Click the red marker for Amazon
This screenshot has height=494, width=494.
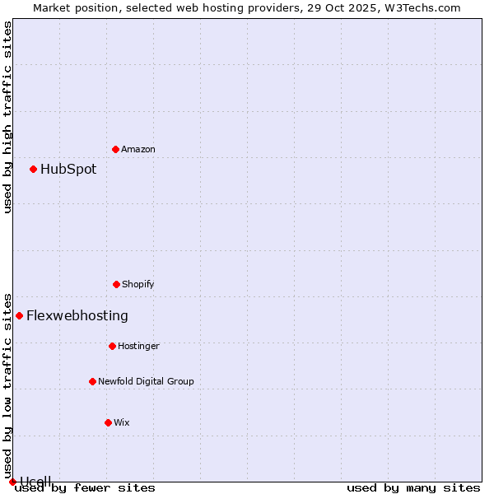point(115,149)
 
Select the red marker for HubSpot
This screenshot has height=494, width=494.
point(34,169)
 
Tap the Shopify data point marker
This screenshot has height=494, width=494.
point(116,284)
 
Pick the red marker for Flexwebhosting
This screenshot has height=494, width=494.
point(20,315)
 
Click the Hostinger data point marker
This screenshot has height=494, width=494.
point(112,346)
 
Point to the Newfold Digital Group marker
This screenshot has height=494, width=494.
point(92,381)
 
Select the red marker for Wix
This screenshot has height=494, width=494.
point(108,422)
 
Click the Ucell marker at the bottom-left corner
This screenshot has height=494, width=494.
point(12,482)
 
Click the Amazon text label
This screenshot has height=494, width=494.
point(138,149)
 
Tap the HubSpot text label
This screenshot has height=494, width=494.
point(68,169)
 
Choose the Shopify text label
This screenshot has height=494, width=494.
point(138,284)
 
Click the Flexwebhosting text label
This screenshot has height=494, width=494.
point(77,315)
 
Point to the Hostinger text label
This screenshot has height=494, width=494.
point(138,346)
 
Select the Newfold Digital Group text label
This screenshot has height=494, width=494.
point(146,381)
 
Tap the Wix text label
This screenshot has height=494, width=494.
point(122,422)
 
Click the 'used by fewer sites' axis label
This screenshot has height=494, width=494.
point(85,487)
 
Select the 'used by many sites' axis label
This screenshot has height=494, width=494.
point(413,487)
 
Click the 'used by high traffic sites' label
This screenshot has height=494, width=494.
point(7,117)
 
